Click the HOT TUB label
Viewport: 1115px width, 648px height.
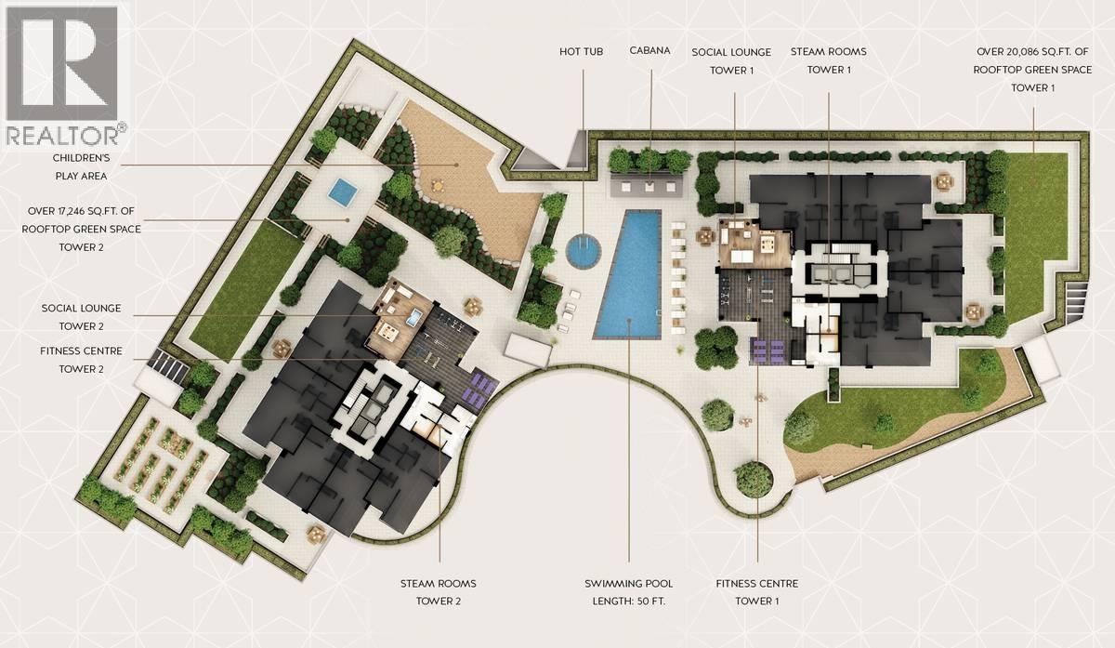[x=581, y=51]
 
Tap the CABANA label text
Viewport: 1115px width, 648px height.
[x=649, y=50]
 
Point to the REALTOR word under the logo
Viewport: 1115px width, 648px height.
[x=63, y=135]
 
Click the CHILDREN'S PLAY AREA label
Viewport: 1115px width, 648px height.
[x=81, y=166]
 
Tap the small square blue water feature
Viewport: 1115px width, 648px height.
[x=343, y=190]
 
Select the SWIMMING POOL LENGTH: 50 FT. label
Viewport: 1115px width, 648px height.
[x=629, y=592]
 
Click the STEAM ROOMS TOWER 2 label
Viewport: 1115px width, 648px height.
[x=439, y=592]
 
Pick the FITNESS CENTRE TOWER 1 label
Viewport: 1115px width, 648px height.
[x=757, y=592]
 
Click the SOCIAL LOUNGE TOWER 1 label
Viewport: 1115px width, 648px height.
[x=731, y=61]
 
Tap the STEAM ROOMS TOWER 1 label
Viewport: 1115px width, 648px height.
[x=829, y=60]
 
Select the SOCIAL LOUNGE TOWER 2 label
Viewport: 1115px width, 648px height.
[x=81, y=317]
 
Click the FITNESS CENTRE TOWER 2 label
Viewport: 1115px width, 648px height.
[x=81, y=360]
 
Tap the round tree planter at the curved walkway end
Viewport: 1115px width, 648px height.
[x=754, y=479]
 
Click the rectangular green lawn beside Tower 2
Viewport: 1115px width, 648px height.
[x=246, y=290]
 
